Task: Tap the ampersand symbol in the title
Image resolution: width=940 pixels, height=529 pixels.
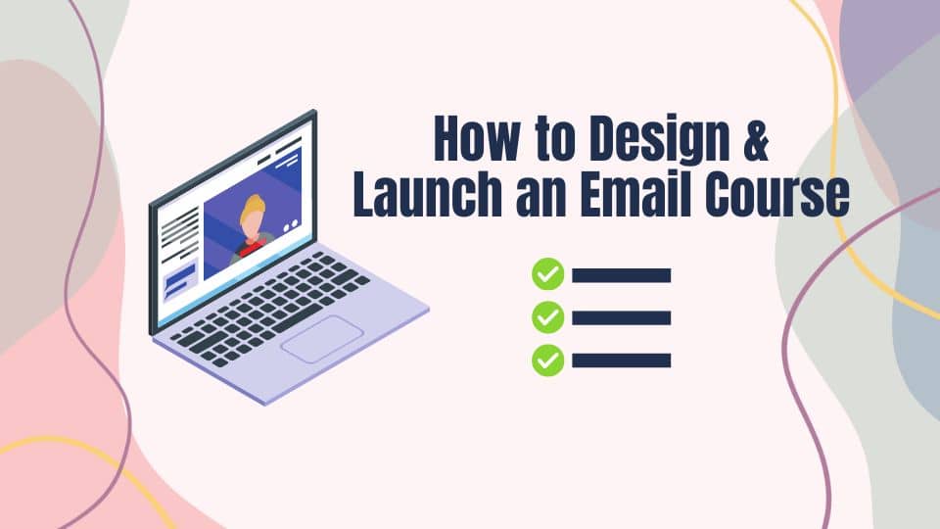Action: [755, 138]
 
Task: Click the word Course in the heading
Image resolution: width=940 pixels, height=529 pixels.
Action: [777, 193]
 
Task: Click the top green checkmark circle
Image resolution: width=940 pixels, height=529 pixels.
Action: [548, 274]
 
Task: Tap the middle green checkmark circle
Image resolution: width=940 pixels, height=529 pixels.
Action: [548, 317]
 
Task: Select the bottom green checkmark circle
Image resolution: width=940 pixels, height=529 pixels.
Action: [548, 361]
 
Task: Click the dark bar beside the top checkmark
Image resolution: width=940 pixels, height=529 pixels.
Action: [622, 275]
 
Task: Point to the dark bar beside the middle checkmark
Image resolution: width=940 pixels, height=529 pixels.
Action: [622, 317]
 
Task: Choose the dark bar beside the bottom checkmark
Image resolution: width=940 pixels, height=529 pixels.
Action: [622, 361]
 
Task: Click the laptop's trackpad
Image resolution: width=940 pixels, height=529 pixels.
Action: [322, 339]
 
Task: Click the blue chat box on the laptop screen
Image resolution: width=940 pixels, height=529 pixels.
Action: [180, 281]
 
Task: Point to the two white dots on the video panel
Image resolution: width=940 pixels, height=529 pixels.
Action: [290, 225]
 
